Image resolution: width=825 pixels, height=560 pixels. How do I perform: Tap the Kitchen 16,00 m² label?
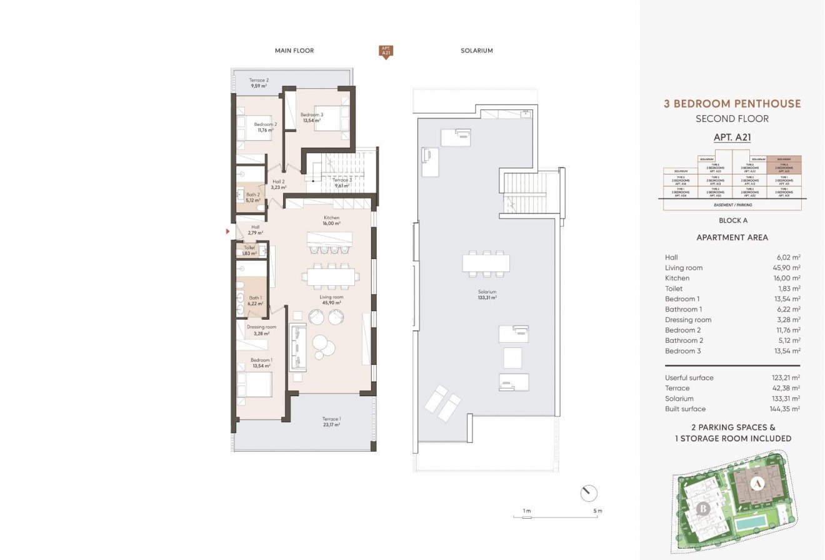[331, 220]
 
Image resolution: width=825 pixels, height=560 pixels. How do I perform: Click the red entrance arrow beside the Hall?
[228, 232]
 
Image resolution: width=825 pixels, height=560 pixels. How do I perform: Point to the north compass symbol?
[588, 494]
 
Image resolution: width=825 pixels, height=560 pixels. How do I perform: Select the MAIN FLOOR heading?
[294, 51]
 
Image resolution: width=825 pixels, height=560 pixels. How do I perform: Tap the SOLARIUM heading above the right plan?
[476, 51]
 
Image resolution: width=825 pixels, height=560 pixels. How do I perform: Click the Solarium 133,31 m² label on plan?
[484, 295]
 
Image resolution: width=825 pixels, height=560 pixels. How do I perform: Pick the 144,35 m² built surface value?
[786, 409]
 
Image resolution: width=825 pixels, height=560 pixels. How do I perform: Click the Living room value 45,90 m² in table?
[787, 268]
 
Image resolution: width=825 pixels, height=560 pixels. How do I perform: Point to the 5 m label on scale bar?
[598, 511]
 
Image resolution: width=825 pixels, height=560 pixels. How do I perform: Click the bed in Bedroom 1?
[257, 384]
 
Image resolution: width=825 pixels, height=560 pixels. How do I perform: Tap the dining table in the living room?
[331, 276]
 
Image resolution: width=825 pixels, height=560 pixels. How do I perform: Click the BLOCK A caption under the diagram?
[732, 220]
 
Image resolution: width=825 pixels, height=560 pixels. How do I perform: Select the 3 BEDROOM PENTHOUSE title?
[732, 104]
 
